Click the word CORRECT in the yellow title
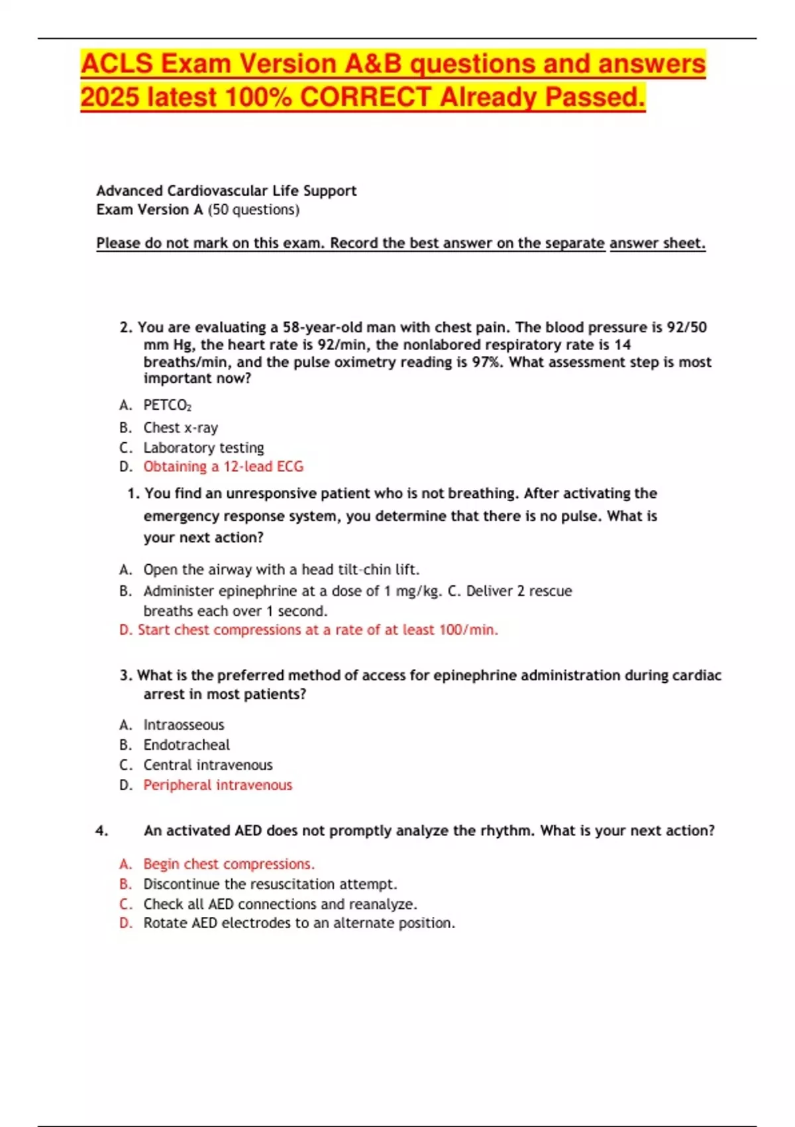pos(366,97)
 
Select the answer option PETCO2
pos(167,405)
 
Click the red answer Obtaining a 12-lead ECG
pos(223,467)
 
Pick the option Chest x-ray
pos(180,428)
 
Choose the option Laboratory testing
pos(203,447)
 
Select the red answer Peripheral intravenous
pos(217,785)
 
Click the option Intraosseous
pos(184,725)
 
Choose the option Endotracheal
pos(186,744)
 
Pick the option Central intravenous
pos(207,765)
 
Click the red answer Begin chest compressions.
pos(229,864)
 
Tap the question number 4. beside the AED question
pos(101,831)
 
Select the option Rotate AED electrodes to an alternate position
pos(299,923)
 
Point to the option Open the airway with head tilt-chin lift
pos(281,569)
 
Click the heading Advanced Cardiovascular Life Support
pos(226,191)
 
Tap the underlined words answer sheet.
pos(657,243)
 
